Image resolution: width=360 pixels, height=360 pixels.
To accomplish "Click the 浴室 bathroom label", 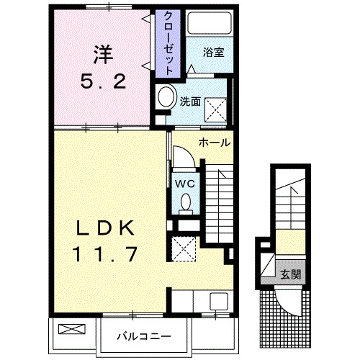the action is coord(214,52).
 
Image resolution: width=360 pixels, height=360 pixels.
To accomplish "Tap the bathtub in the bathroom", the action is coord(210,23).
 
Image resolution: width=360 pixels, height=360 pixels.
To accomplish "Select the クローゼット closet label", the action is coord(168,43).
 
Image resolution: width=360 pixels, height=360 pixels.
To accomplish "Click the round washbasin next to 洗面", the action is coord(166,97).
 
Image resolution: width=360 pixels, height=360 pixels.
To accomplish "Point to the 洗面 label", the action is coord(190,102).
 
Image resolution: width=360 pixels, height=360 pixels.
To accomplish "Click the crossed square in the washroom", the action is coord(215,109).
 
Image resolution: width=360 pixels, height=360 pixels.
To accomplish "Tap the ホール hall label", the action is coord(215,143).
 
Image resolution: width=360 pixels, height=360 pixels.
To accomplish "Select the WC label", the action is coord(185,184).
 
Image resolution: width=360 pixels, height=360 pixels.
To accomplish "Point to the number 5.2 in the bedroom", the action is coord(103,81).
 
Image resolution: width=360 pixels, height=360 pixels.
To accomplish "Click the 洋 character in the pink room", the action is coord(104,55).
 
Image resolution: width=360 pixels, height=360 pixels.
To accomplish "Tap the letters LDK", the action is coord(104,228).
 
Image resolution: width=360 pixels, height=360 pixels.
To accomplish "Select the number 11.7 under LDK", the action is coord(104,254).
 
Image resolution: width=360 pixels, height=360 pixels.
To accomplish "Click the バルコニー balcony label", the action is coord(144,336).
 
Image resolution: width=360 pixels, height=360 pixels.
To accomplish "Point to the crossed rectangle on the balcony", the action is coord(72,329).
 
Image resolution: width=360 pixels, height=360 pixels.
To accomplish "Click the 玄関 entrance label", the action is coord(291,274).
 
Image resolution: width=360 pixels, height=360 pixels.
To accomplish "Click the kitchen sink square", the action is coord(219,301).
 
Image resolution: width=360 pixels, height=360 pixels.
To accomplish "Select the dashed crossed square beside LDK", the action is coord(184,249).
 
